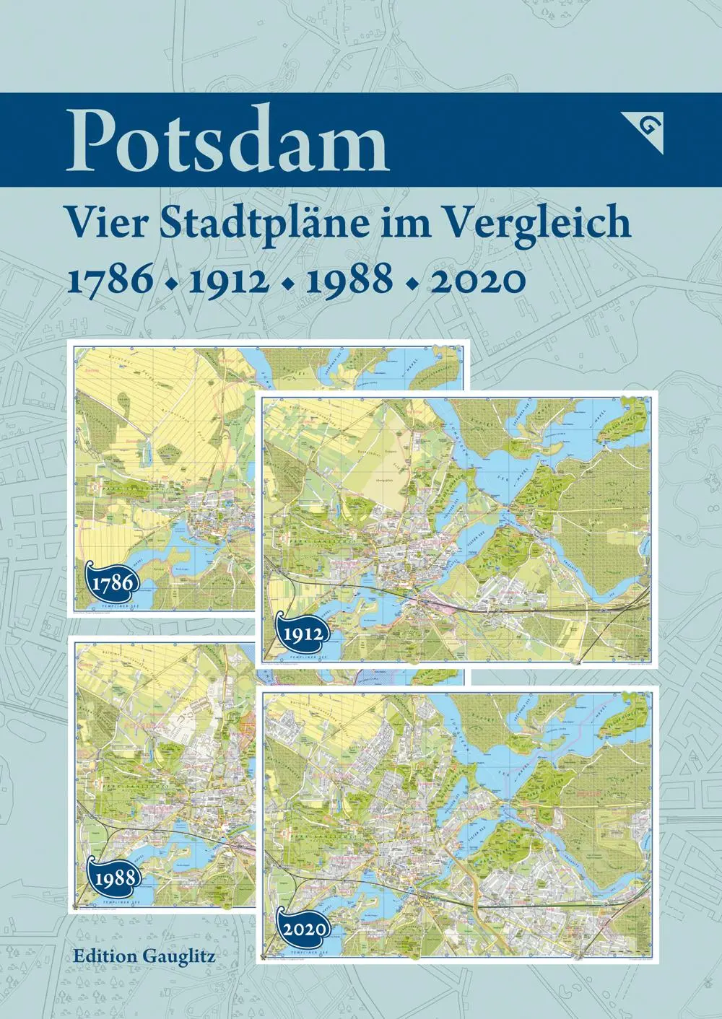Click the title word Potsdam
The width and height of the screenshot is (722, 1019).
click(x=227, y=141)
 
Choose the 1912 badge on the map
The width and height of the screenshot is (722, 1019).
click(x=301, y=634)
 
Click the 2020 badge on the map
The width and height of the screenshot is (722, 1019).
click(x=301, y=927)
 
